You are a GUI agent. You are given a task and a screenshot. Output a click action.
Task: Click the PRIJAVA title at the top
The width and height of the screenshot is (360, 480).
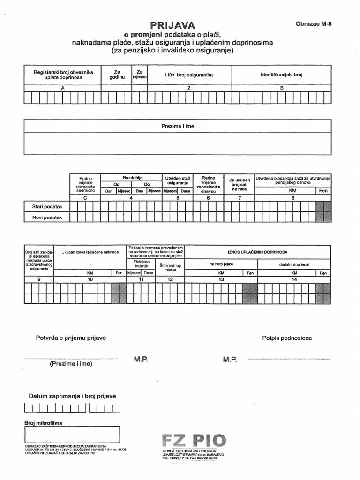tap(172, 25)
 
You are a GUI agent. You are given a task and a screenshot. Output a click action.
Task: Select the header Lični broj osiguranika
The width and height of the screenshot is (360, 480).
tap(189, 75)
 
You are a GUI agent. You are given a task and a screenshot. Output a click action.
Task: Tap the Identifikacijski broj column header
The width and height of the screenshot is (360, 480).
tap(282, 75)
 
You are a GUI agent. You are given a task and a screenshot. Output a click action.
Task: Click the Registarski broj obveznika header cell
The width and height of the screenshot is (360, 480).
tap(63, 75)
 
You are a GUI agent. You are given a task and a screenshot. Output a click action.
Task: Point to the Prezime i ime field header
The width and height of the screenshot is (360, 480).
tap(178, 127)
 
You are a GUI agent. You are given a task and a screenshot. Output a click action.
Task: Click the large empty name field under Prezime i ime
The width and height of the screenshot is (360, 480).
tap(178, 143)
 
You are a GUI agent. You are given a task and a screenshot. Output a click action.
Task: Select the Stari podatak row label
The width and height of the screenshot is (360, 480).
tap(47, 206)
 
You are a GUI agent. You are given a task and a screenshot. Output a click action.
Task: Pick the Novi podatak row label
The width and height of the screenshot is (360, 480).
tap(47, 217)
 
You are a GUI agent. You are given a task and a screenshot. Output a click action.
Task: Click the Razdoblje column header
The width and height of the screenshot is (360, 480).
tap(132, 178)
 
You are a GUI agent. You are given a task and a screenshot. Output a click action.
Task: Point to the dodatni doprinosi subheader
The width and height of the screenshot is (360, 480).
tap(294, 265)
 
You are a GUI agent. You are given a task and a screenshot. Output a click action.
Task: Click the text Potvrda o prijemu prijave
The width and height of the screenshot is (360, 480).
tap(71, 338)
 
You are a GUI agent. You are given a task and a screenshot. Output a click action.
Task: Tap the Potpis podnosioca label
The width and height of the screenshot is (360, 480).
tap(287, 338)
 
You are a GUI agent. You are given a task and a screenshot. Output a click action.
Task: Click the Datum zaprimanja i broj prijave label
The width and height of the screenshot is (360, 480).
tap(72, 396)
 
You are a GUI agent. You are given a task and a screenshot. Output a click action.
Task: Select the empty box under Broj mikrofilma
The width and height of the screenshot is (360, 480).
tap(72, 435)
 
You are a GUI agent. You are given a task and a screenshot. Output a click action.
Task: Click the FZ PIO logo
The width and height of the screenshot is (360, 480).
tap(193, 441)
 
